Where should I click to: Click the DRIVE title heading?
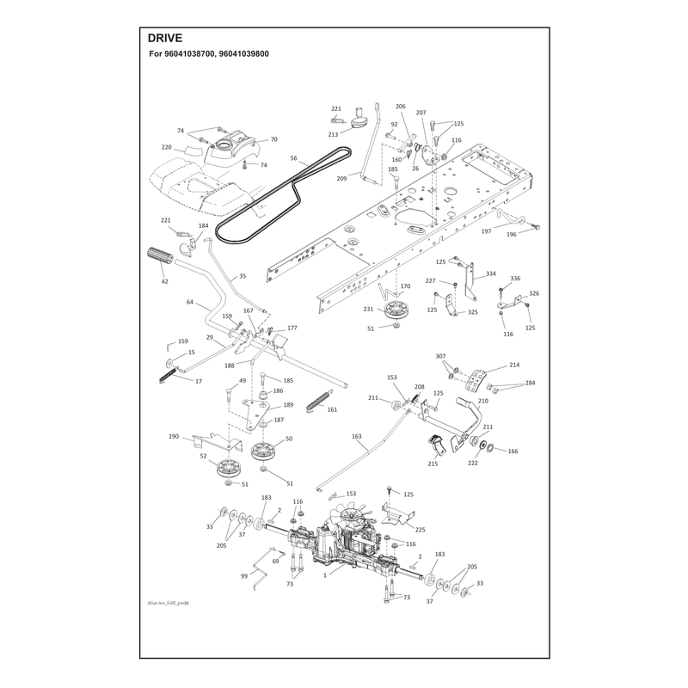pyautogui.click(x=164, y=38)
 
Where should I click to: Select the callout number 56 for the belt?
pyautogui.click(x=293, y=158)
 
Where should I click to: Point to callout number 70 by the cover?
pyautogui.click(x=273, y=139)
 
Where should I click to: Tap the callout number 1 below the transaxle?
pyautogui.click(x=325, y=575)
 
